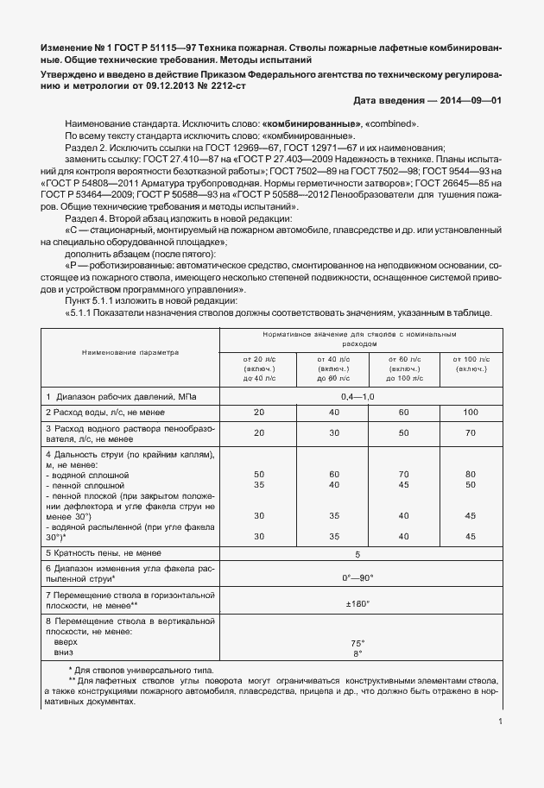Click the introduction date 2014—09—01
470,101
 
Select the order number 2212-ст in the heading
229,85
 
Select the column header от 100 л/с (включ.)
470,366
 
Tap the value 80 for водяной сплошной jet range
470,474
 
